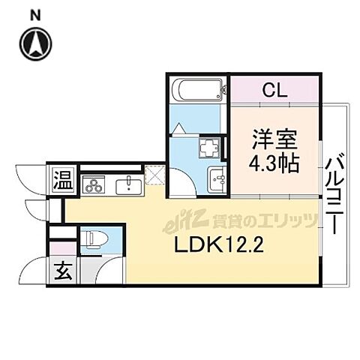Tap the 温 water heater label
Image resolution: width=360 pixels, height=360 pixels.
click(61, 180)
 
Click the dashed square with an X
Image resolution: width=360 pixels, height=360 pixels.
click(154, 176)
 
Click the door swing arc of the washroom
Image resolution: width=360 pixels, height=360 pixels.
click(178, 180)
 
